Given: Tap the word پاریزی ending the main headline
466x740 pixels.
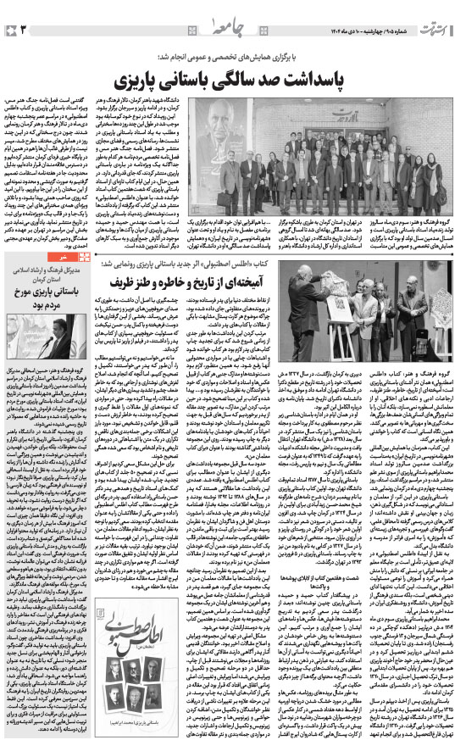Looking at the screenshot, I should coord(154,81).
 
